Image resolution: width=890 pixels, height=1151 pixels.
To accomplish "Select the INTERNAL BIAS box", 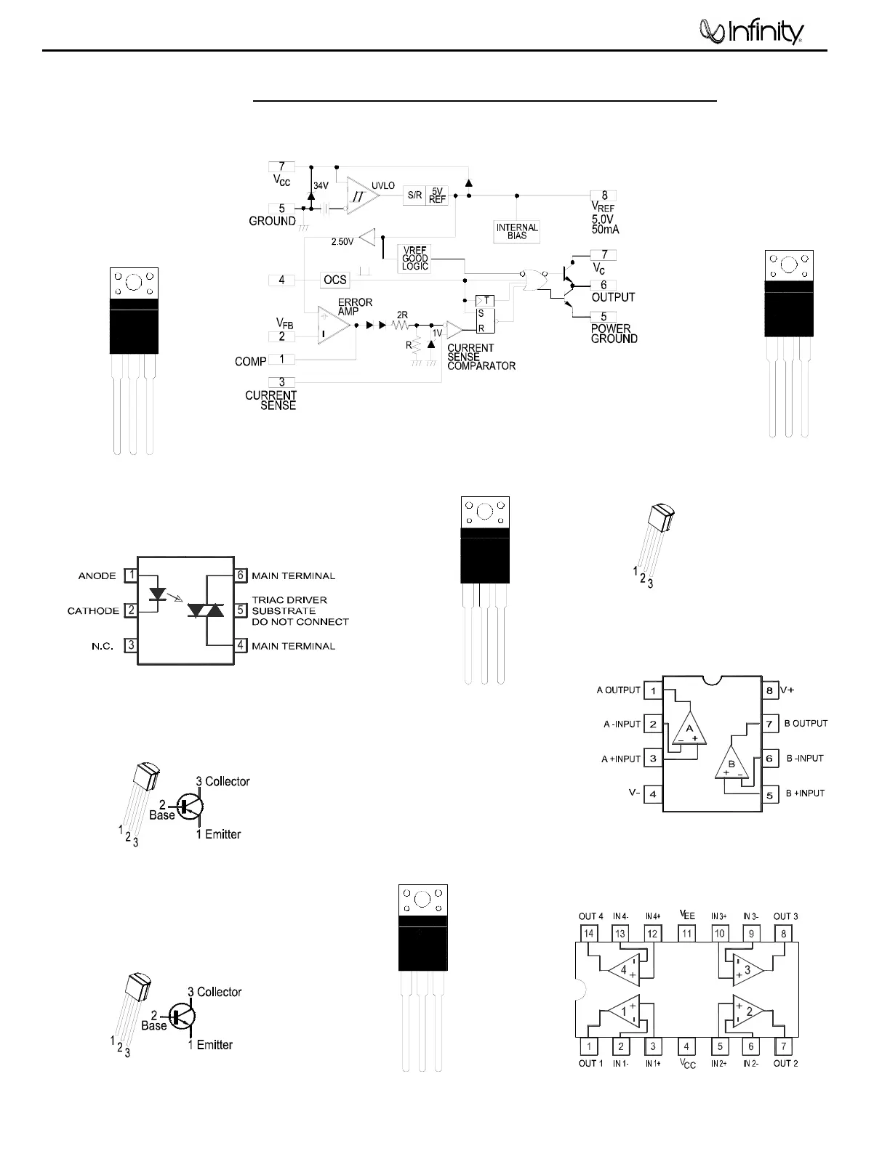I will tap(517, 231).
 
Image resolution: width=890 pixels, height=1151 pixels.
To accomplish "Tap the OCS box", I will tap(335, 280).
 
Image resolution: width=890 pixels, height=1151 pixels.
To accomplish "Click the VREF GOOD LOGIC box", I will tap(415, 259).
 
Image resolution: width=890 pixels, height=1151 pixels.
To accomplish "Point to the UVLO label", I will tap(383, 186).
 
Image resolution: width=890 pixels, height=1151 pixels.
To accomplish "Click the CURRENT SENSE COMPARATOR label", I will tap(481, 357).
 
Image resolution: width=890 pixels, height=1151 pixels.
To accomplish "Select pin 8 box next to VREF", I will tap(604, 195).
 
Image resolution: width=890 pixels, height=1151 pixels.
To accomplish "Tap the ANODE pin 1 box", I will tap(131, 575).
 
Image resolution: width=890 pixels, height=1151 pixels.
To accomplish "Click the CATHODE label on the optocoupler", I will tap(93, 611).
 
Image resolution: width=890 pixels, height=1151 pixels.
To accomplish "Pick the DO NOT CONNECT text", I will tap(300, 622).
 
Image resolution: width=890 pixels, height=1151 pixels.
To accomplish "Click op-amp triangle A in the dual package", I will tap(690, 729).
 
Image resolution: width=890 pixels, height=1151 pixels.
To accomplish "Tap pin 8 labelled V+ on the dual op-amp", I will tap(769, 690).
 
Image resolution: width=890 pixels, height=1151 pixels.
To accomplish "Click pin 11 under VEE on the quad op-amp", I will tap(687, 933).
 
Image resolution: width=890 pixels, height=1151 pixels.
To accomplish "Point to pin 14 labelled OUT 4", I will tap(589, 933).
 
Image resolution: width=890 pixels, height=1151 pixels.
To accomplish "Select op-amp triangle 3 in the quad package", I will tap(746, 969).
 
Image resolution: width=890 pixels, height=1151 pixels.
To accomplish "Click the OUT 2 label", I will tap(785, 1063).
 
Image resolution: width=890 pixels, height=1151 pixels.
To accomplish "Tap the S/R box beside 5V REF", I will tap(414, 195).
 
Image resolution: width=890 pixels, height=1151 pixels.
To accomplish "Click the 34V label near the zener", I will tap(321, 186).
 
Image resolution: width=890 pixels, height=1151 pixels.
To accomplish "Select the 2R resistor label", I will tap(402, 315).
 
